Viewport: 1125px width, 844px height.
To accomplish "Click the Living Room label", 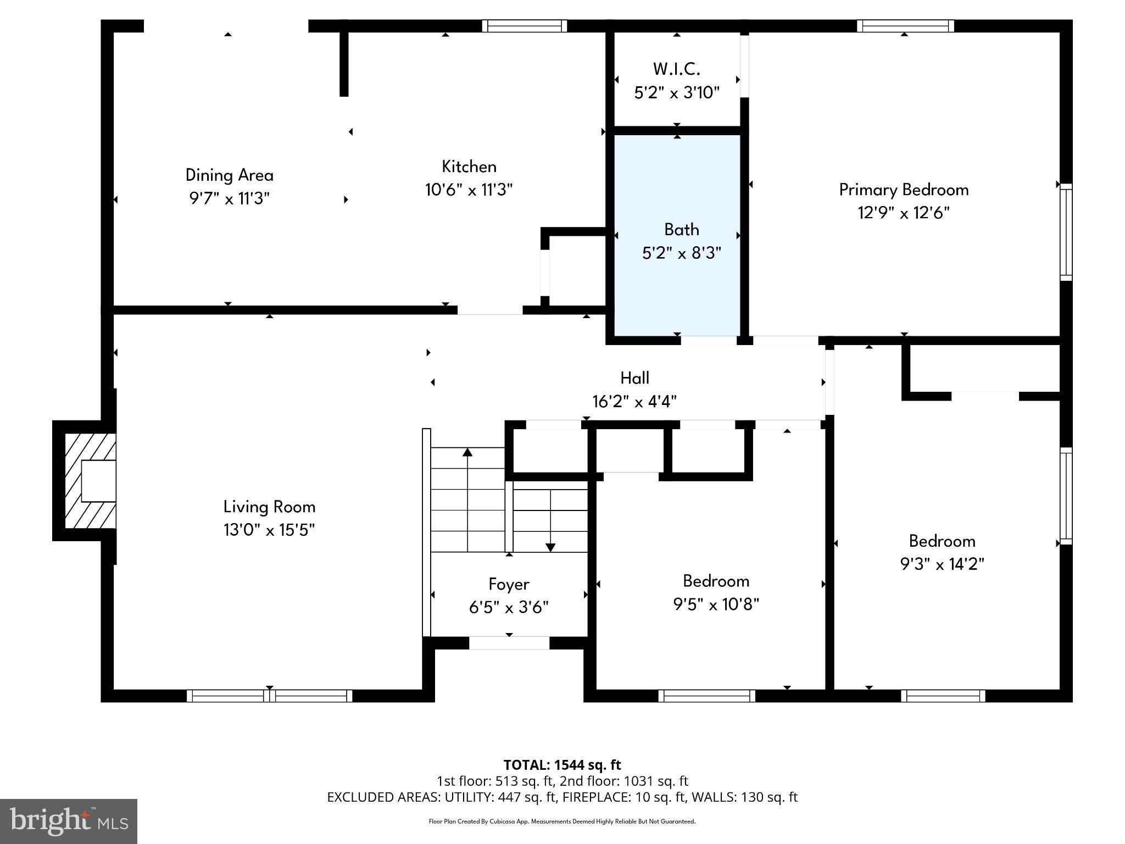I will click(x=269, y=507).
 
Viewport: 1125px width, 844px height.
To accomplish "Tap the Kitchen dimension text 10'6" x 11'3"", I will click(x=469, y=190).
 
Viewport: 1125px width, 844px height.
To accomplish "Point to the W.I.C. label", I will click(x=676, y=69).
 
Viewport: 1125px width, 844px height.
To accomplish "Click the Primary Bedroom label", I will click(x=904, y=190).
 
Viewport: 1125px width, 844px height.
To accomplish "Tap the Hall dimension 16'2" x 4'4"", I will click(x=634, y=402).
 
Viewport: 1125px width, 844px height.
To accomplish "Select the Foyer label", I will click(x=509, y=584).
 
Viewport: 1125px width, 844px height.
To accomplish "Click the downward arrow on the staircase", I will click(x=550, y=547).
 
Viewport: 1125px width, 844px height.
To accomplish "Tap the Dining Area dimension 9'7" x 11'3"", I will click(x=230, y=198).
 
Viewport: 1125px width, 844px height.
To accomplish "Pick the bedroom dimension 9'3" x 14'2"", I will click(x=942, y=564).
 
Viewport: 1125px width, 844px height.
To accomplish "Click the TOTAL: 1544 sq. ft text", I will click(x=562, y=765).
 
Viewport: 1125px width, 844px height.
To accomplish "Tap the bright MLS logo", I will click(x=68, y=821).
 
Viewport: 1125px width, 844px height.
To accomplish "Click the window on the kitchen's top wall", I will click(x=524, y=26).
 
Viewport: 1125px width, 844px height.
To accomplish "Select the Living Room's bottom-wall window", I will click(x=269, y=696).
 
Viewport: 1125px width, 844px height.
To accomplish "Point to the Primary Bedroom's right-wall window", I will click(x=1065, y=232).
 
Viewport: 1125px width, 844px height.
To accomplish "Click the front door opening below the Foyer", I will click(x=509, y=643).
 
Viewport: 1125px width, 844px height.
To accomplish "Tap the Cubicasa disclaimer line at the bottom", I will click(x=562, y=821).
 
